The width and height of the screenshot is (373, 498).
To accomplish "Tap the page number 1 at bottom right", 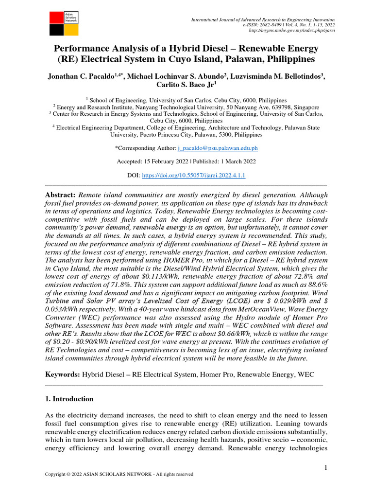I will [325, 468].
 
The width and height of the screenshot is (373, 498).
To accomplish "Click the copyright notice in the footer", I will [119, 474].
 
